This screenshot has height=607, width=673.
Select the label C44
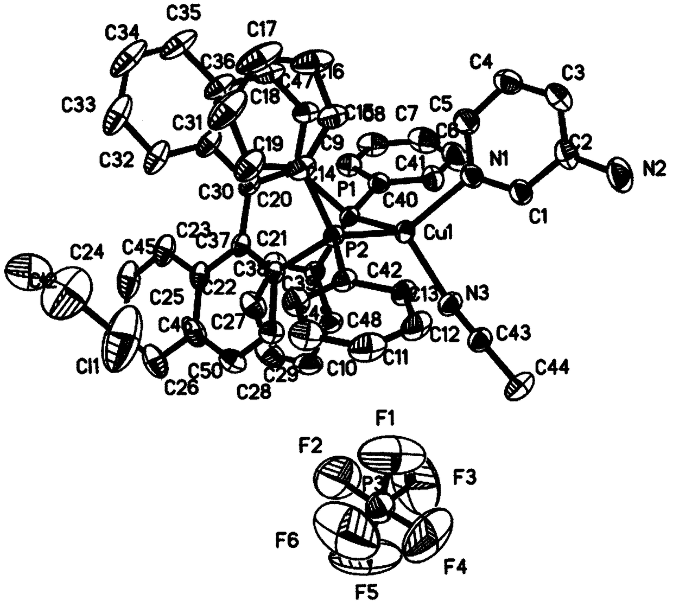[x=553, y=369]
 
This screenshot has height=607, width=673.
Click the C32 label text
[x=116, y=161]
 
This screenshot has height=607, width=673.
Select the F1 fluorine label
[x=387, y=418]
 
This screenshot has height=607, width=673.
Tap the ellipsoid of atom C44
[x=522, y=386]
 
